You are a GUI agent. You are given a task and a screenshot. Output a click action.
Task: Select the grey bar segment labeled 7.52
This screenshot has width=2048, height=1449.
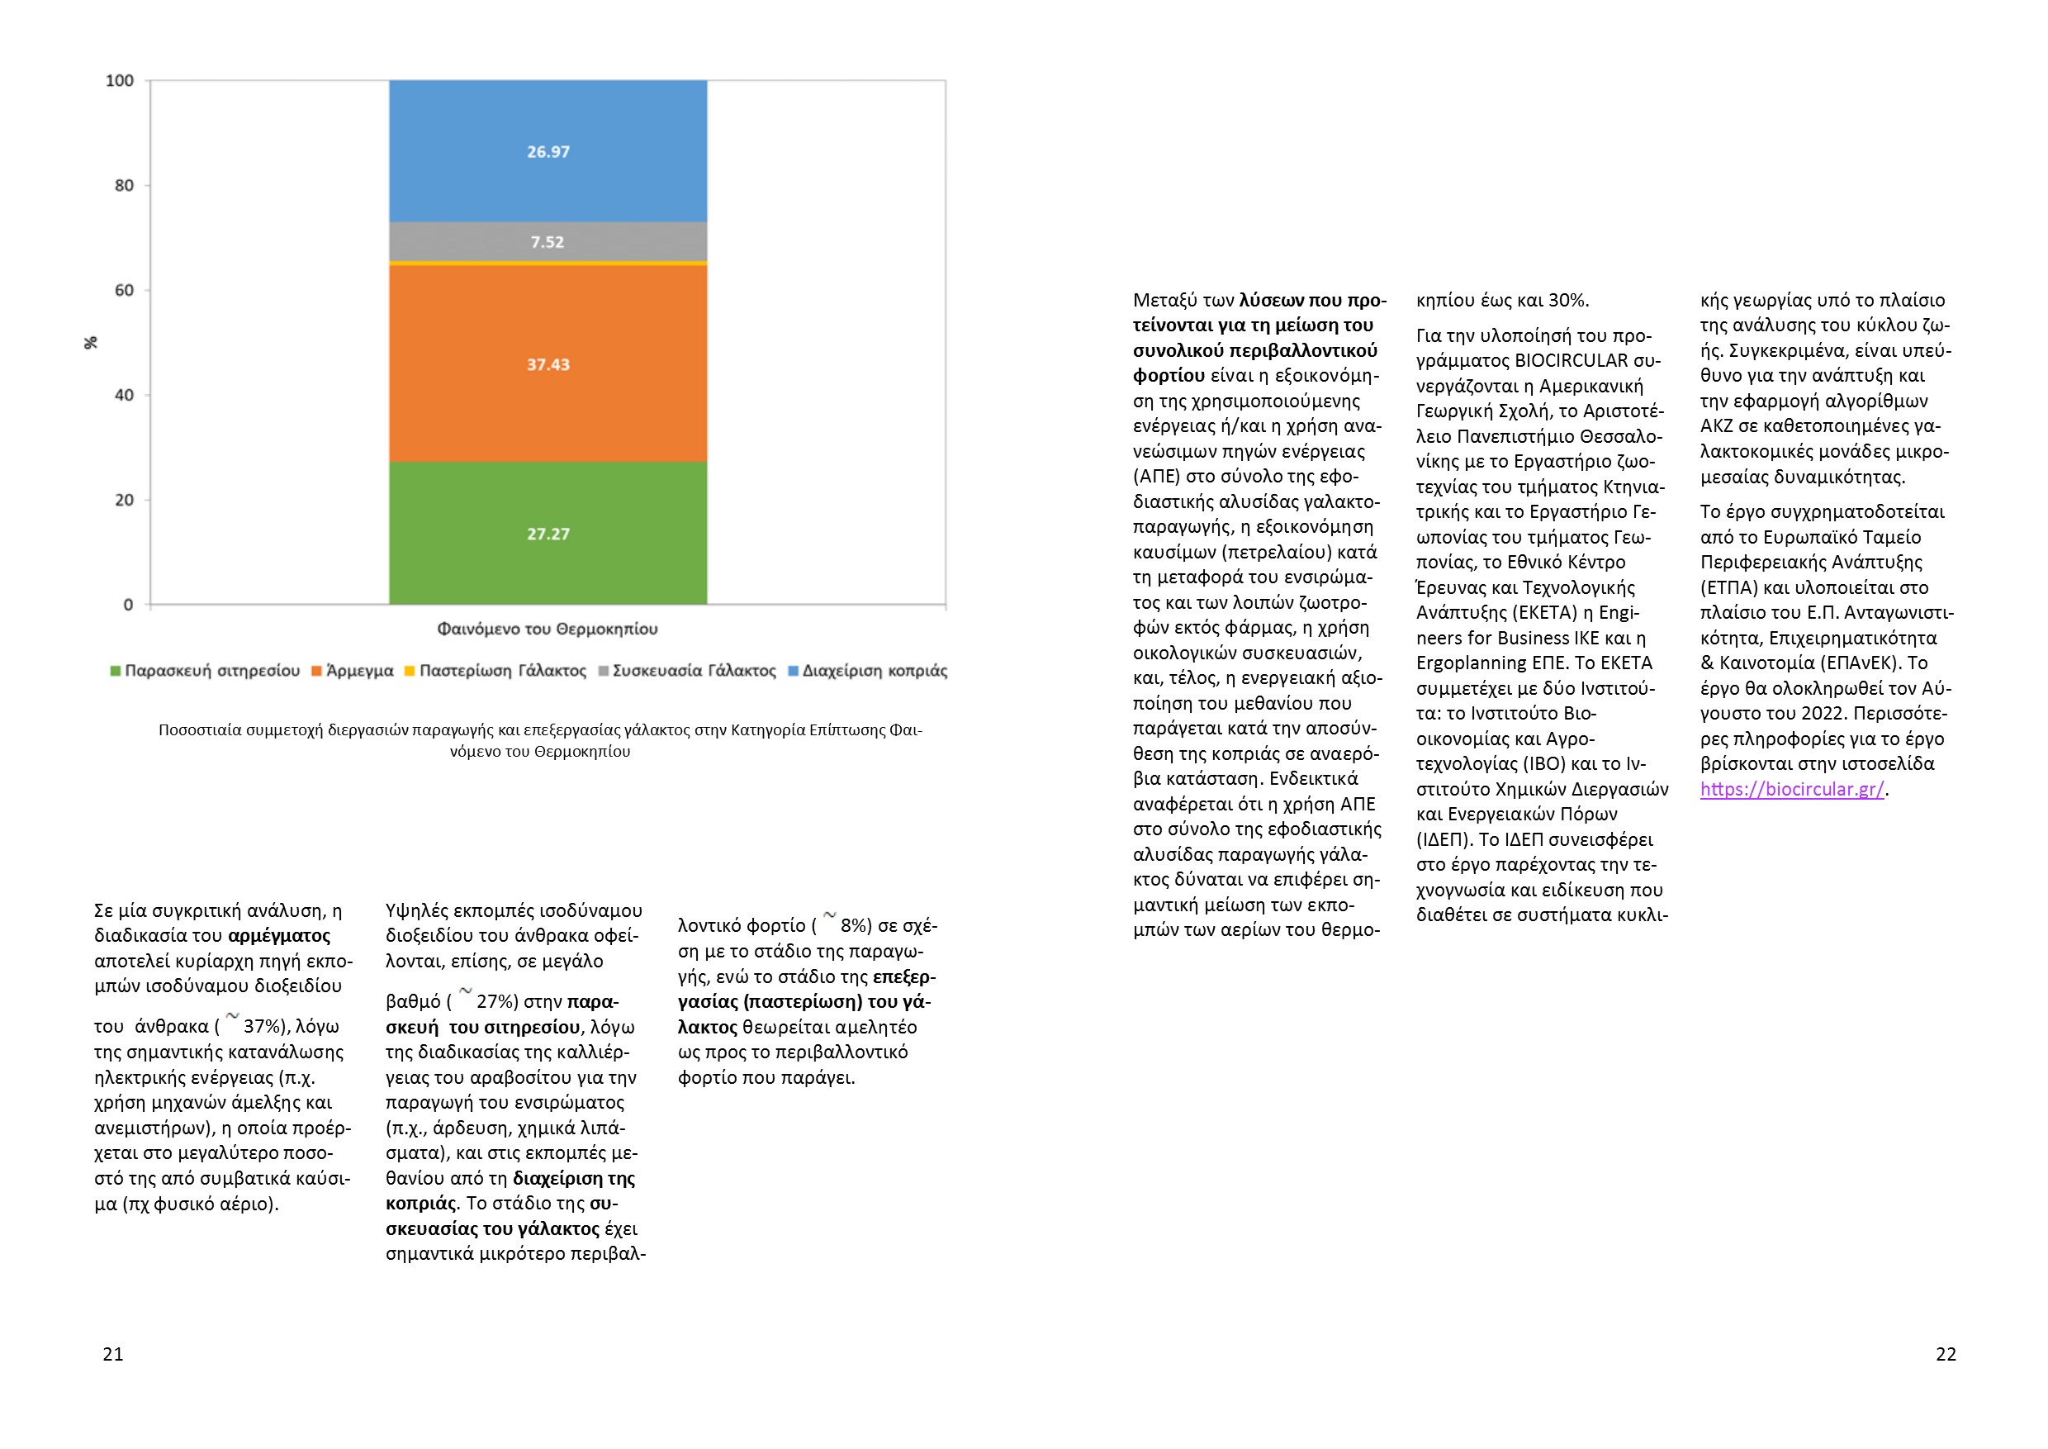[548, 242]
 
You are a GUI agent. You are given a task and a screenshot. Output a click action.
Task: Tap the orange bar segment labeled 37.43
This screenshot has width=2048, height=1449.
[548, 364]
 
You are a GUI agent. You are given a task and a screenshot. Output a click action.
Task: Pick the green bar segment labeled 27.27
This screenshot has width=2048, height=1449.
[548, 534]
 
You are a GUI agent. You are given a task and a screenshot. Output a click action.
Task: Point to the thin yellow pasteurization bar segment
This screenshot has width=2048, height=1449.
[548, 264]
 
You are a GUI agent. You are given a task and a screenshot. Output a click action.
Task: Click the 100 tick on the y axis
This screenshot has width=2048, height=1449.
[121, 81]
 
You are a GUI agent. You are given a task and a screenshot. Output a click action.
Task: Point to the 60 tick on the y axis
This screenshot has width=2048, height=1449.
[124, 291]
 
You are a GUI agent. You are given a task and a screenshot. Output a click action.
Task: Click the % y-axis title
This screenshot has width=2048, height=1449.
[90, 343]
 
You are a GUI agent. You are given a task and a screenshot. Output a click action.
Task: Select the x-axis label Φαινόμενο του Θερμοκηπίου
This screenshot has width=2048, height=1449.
[548, 629]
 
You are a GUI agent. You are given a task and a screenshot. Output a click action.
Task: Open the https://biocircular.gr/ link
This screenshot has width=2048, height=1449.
[1791, 790]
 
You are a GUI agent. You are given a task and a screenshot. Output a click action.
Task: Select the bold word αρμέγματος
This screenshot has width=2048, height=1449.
[279, 936]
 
